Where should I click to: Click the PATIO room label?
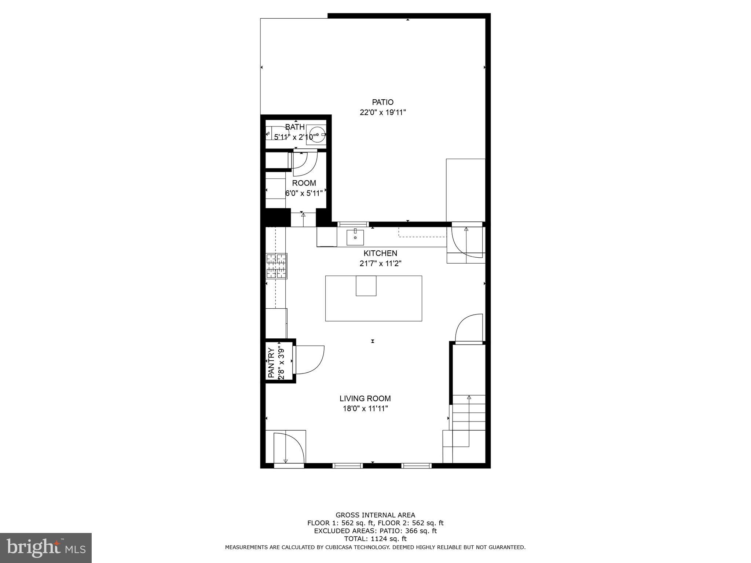[382, 102]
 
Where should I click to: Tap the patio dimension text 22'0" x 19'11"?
[382, 113]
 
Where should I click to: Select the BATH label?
[295, 127]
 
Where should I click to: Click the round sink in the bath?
[316, 135]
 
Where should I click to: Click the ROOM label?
[304, 183]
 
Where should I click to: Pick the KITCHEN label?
[380, 253]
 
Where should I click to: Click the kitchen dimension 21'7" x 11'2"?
[380, 264]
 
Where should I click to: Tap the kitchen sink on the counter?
[355, 238]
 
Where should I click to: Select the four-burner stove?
[276, 266]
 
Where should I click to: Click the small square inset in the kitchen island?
[366, 286]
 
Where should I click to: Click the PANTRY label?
[271, 363]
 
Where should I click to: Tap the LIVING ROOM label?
[365, 398]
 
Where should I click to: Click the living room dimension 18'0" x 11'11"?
[365, 409]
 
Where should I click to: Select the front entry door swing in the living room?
[290, 448]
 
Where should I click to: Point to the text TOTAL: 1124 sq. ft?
[375, 539]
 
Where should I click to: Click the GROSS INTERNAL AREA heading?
[375, 515]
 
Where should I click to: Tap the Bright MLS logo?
[46, 548]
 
